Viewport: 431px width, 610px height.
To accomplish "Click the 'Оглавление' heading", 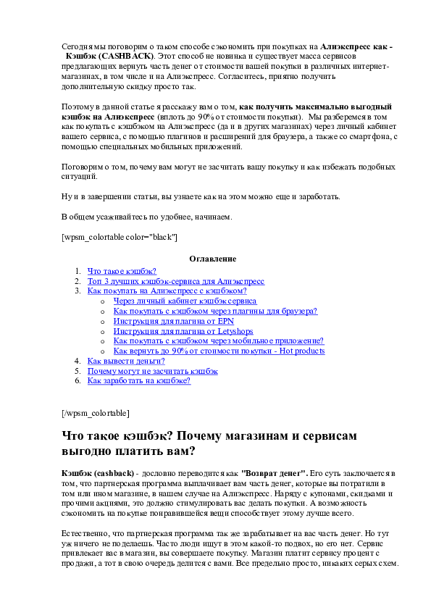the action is point(213,259).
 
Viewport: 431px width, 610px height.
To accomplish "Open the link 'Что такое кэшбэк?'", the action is point(122,271).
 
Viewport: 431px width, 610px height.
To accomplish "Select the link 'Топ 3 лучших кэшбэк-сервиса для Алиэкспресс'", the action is point(176,281).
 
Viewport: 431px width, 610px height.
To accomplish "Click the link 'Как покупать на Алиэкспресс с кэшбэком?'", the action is point(167,291).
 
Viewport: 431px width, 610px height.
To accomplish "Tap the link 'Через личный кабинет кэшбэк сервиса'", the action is point(185,301).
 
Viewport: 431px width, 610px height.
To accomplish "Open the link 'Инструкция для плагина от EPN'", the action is point(174,322).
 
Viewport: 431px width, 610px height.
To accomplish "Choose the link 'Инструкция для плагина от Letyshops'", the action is point(183,332).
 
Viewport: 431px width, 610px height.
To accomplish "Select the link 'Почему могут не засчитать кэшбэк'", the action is point(153,371).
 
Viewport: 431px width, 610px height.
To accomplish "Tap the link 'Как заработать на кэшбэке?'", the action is point(139,380).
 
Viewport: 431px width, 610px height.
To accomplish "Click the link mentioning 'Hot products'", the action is point(219,351).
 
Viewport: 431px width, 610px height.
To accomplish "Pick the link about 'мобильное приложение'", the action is point(219,340).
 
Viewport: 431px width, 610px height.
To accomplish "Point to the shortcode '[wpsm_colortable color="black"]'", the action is point(120,237).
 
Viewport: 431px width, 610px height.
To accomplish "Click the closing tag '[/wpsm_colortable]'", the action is point(96,413).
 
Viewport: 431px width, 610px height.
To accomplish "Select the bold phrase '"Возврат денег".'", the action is point(275,474).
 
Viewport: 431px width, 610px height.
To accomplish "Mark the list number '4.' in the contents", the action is point(78,361).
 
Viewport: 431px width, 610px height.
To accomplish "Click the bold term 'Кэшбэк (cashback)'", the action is point(98,474).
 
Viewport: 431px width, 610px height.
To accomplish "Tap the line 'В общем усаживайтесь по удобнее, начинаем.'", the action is point(146,217).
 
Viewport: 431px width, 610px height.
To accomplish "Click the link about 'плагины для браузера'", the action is point(216,312).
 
